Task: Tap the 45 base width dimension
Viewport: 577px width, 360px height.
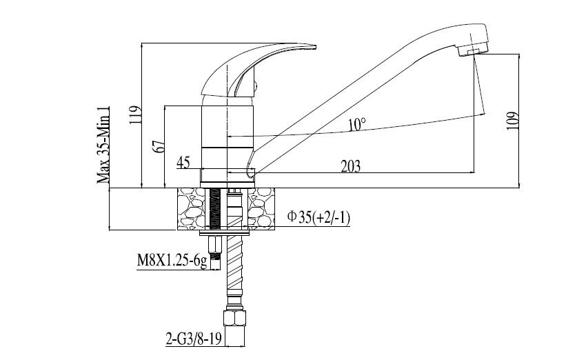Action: (183, 162)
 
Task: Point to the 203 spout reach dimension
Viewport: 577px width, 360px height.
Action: (351, 166)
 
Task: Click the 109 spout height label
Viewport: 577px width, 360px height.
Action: (513, 120)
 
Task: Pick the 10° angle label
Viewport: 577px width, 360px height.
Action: (357, 124)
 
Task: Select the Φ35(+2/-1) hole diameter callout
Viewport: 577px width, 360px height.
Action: (318, 217)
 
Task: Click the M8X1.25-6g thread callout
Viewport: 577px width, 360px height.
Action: (172, 261)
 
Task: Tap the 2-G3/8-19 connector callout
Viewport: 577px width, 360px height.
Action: (194, 339)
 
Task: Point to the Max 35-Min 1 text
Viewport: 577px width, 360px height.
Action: (103, 145)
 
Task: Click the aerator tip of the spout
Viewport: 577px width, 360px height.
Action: (473, 50)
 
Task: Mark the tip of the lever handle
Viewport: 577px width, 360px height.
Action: (314, 47)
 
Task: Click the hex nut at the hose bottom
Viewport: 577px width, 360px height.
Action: (234, 318)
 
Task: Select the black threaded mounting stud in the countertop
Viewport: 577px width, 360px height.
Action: (214, 209)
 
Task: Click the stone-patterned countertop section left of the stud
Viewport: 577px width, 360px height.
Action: (191, 209)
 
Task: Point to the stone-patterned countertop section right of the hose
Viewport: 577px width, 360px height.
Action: (261, 209)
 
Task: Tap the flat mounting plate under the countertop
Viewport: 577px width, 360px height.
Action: (224, 233)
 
